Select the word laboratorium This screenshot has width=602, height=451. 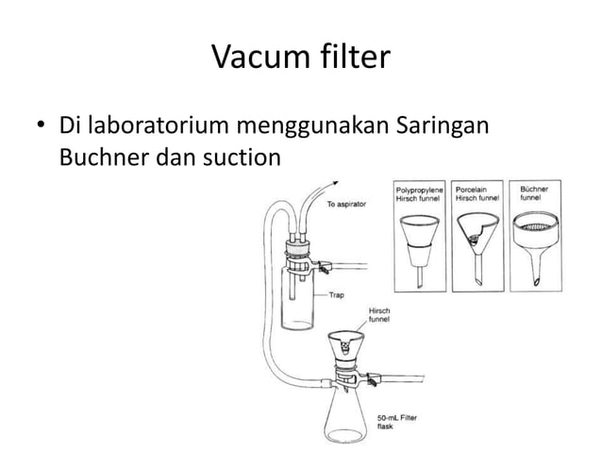153,125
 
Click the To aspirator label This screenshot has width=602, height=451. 347,205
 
